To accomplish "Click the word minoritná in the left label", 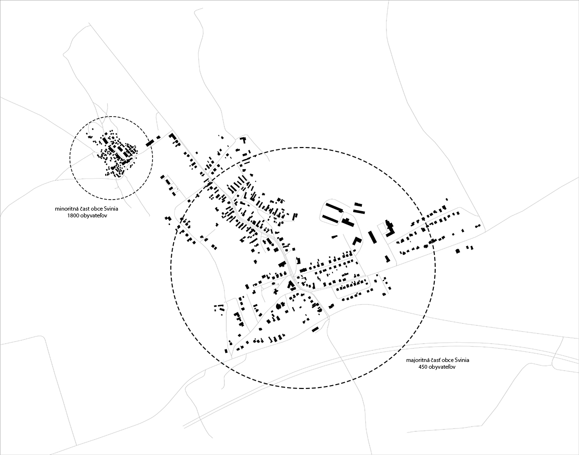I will click(67, 210).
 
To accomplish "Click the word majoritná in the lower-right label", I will click(419, 360).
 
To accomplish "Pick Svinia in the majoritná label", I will click(461, 360).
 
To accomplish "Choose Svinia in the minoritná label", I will click(110, 210).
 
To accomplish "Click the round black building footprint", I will click(278, 306).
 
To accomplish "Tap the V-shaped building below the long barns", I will click(357, 241).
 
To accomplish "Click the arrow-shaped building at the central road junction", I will click(291, 284).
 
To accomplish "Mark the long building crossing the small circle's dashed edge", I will click(150, 143).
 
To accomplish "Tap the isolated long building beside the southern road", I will click(315, 329).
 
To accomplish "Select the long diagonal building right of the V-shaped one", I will click(372, 237).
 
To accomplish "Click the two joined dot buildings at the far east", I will click(478, 226).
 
